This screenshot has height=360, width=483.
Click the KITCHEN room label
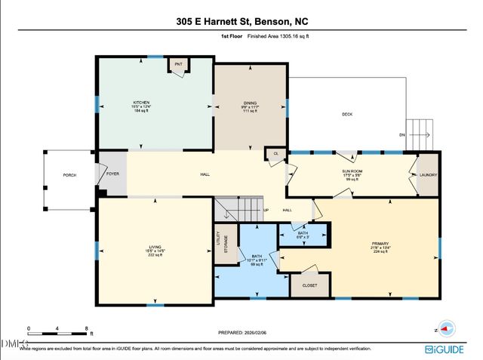coord(141,103)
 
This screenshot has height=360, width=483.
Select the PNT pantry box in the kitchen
coord(178,65)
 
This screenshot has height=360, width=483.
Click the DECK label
coord(346,114)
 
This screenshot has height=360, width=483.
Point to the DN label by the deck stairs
coord(402,136)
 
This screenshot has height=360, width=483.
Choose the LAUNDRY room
coord(428,175)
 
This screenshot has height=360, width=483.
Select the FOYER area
coord(112,174)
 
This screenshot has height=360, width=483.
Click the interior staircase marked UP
coord(241,208)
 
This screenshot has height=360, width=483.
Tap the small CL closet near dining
coord(276,154)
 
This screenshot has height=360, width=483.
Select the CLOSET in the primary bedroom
coord(309,285)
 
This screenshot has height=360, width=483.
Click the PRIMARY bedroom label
coord(380,244)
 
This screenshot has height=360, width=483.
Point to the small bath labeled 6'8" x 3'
coord(303,234)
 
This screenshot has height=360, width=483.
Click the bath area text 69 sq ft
coord(257,265)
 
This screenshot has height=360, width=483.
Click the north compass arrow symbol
coord(445,328)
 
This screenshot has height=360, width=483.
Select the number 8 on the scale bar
coord(87,330)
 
